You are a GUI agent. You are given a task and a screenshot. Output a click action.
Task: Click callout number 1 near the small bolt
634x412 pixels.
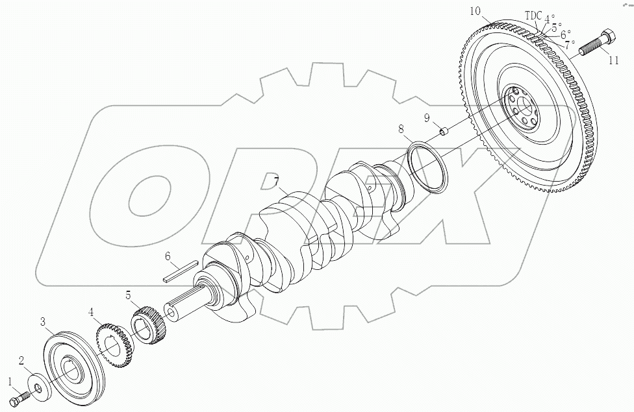coord(9,381)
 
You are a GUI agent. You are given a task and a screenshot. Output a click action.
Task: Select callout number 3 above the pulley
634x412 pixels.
coord(42,322)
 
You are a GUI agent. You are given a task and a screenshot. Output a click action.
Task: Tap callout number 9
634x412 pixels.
coord(427,117)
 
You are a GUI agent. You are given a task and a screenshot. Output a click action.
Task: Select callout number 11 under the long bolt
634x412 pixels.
coord(613,61)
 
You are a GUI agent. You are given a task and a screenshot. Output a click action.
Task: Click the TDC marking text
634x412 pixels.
coord(533,16)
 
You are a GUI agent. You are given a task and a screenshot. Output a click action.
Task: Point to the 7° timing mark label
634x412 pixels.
coord(570,45)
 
